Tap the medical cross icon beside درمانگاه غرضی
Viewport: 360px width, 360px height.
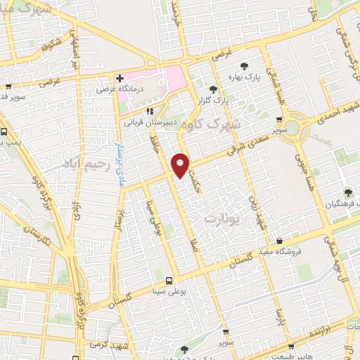click(120, 77)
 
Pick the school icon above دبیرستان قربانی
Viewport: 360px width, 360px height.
click(149, 110)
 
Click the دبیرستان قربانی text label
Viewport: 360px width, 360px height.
click(148, 122)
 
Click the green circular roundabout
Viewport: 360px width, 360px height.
click(307, 129)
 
